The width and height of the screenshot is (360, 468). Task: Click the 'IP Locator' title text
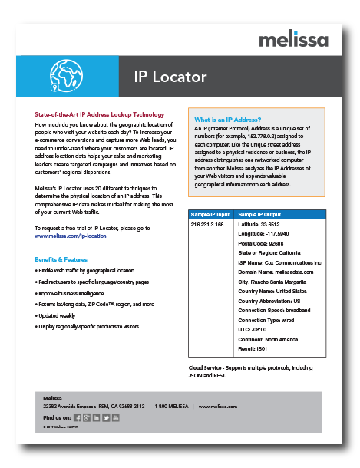(170, 77)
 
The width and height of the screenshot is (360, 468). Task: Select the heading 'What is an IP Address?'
(227, 120)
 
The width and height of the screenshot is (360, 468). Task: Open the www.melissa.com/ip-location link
(71, 236)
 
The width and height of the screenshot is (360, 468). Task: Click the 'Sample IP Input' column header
(210, 213)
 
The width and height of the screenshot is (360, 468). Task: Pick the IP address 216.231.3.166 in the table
(209, 225)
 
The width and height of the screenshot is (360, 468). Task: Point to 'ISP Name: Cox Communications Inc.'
(281, 262)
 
